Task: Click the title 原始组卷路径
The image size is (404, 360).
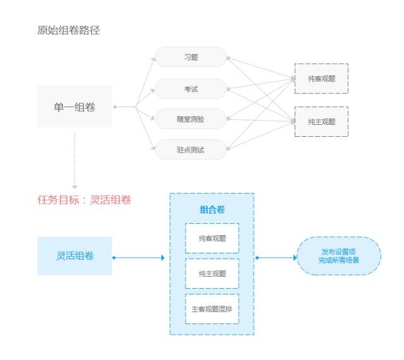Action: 69,31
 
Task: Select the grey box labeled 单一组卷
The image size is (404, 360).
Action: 74,107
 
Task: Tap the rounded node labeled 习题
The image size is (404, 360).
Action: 191,57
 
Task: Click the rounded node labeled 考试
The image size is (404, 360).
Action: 191,88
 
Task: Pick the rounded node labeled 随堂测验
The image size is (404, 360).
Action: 191,119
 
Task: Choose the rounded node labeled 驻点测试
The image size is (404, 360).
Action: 191,149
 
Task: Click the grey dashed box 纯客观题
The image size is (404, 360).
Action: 321,78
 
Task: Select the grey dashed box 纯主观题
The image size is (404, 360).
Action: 321,122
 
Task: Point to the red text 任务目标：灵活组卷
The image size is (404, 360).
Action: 85,200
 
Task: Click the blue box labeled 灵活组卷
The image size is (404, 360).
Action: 74,256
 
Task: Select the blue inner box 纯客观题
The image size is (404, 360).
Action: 212,238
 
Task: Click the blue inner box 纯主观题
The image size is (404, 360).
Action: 212,274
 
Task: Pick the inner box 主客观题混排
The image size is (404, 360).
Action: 212,309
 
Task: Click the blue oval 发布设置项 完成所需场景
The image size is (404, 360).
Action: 339,256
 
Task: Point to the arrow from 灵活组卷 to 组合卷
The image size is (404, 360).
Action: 139,258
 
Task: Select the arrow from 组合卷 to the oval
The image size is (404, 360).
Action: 277,258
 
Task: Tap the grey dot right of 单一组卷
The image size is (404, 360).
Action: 115,107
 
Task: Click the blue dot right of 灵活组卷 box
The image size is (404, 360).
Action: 114,258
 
